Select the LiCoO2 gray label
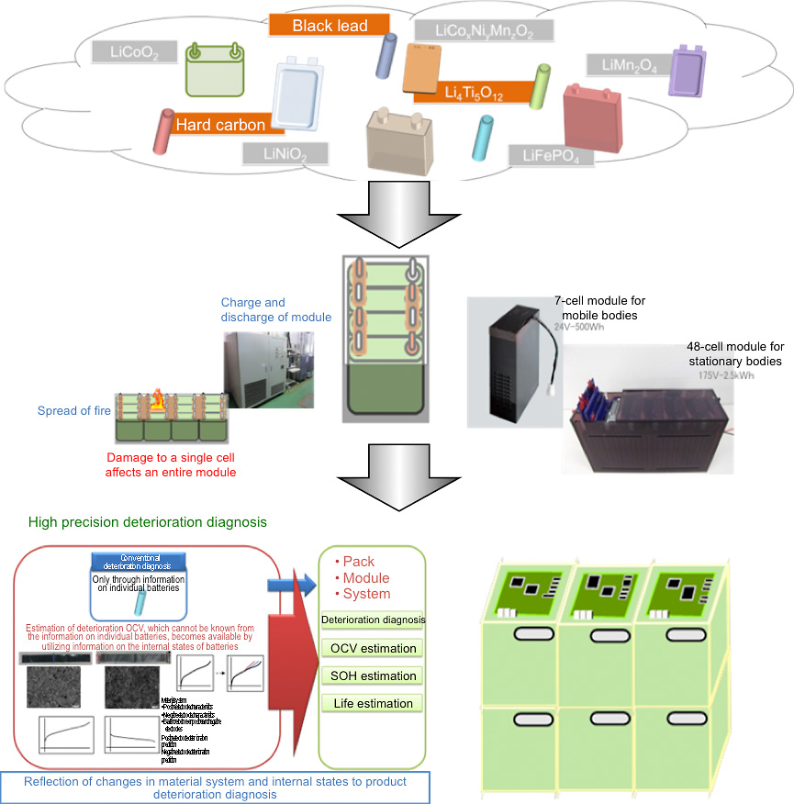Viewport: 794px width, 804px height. [x=134, y=52]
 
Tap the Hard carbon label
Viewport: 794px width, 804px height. [x=220, y=124]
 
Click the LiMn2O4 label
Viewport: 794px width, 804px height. [x=628, y=64]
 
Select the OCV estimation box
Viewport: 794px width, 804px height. [x=373, y=648]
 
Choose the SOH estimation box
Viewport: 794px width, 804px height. [x=373, y=676]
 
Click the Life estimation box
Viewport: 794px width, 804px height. [x=373, y=703]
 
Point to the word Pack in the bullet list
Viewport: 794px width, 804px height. [x=358, y=561]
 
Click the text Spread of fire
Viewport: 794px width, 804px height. [x=73, y=410]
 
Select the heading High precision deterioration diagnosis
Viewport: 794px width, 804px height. [x=147, y=521]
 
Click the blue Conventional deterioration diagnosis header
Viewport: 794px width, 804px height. [x=139, y=561]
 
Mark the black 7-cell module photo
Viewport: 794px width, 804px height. [x=505, y=363]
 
